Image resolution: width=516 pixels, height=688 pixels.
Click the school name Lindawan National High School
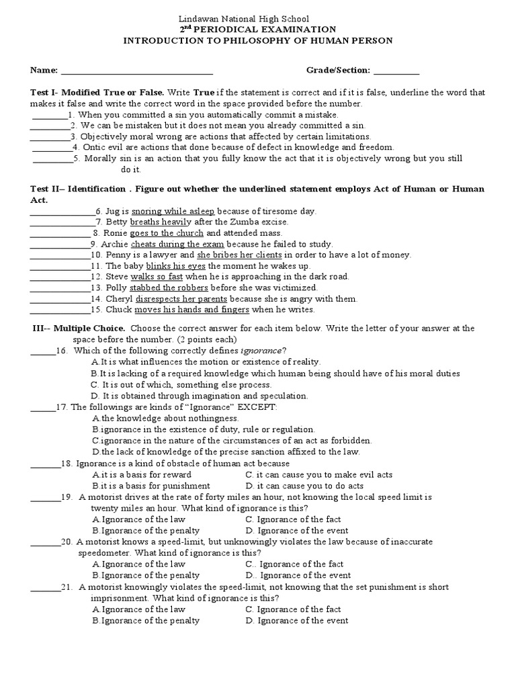click(x=257, y=19)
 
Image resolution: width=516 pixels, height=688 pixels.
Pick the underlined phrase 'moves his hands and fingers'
click(x=191, y=310)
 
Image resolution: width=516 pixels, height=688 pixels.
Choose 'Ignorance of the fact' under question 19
click(x=293, y=519)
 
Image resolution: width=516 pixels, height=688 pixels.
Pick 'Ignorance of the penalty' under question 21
click(x=146, y=621)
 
